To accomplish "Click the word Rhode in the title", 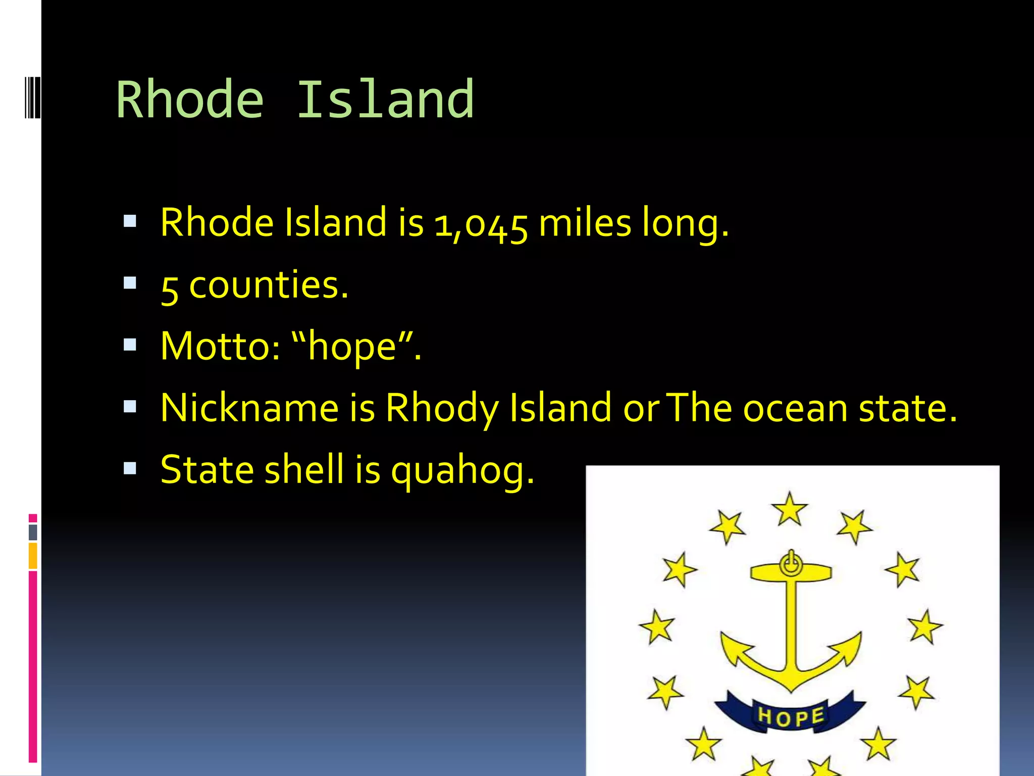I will click(x=190, y=100).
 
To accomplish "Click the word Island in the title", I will click(x=385, y=100).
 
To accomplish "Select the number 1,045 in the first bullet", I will click(x=481, y=224).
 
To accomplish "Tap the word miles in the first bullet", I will click(x=585, y=223).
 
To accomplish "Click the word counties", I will click(x=269, y=285).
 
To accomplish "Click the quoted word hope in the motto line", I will click(x=352, y=348).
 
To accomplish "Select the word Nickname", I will click(x=249, y=408).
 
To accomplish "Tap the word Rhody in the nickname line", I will click(x=442, y=409).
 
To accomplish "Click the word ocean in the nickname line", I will click(x=795, y=409).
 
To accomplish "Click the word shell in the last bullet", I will click(x=304, y=470).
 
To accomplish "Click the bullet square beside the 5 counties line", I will click(x=130, y=283).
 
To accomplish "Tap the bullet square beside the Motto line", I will click(x=130, y=345).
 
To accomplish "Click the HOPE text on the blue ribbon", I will click(x=791, y=716).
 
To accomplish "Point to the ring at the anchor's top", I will click(x=791, y=563).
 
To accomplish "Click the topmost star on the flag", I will click(x=790, y=508).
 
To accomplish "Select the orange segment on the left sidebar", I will click(x=33, y=556).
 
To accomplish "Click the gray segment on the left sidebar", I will click(x=33, y=532).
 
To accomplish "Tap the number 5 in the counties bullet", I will click(x=170, y=288).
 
